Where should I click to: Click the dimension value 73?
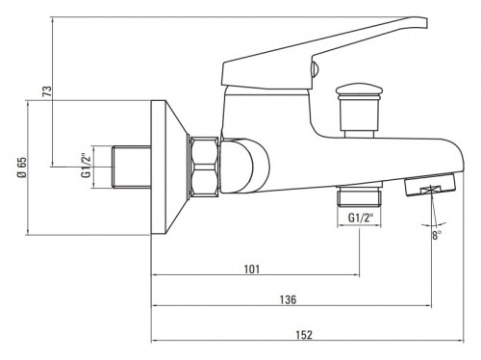(47, 91)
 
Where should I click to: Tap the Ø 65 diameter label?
(22, 167)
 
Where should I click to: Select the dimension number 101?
(252, 269)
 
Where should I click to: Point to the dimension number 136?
(288, 299)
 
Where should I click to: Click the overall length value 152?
(304, 335)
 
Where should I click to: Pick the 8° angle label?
(437, 235)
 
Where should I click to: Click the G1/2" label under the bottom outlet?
(362, 218)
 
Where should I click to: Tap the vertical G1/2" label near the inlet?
(86, 167)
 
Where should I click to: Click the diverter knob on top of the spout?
(358, 110)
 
